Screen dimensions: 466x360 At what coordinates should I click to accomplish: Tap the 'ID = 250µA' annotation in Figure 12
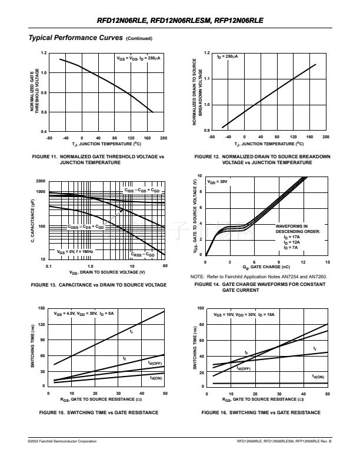[x=227, y=57]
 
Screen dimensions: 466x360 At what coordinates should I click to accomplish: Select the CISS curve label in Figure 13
[x=141, y=191]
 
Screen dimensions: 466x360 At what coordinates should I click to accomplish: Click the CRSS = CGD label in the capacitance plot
[x=142, y=255]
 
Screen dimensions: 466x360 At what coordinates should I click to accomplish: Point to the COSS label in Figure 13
[x=85, y=227]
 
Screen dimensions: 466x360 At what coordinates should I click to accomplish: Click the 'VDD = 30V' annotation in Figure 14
[x=218, y=182]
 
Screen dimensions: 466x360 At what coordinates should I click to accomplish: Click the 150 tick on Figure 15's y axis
[x=41, y=308]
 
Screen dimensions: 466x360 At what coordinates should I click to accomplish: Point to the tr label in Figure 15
[x=131, y=332]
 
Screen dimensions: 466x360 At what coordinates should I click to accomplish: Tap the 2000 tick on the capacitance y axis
[x=41, y=181]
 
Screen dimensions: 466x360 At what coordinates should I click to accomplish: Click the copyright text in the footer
[x=63, y=440]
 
